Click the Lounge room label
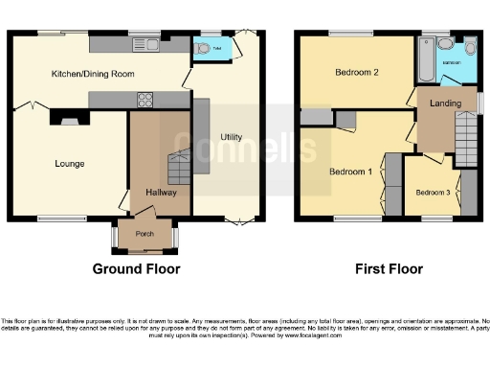pos(70,164)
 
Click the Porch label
pos(145,233)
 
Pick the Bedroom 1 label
pos(349,172)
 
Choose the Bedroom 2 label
pos(356,73)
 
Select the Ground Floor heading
pos(136,269)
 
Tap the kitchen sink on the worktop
pos(146,43)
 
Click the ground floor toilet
pos(202,49)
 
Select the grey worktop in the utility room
pos(201,135)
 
